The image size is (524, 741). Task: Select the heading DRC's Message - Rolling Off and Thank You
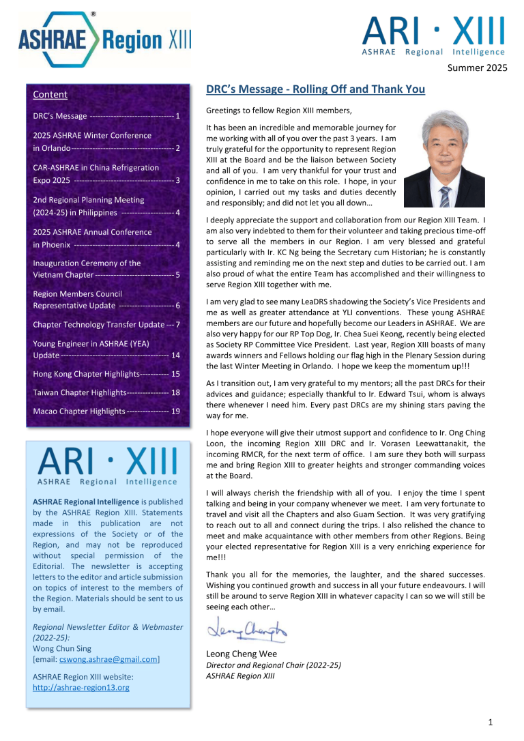315,89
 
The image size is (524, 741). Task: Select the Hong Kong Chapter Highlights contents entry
106,374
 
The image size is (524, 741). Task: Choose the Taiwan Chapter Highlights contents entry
106,392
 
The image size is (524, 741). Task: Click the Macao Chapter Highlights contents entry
106,411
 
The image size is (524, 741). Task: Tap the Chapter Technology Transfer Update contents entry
106,325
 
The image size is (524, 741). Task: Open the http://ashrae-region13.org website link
81,688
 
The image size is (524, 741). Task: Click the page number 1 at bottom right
491,722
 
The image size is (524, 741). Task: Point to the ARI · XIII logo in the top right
433,36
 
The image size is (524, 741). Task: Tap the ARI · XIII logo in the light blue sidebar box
107,466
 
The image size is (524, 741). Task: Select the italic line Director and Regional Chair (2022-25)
273,665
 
